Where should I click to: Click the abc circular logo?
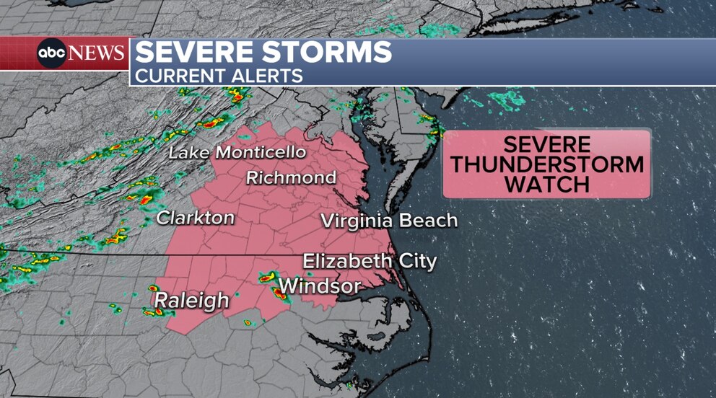pyautogui.click(x=52, y=53)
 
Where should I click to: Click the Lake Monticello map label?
pyautogui.click(x=237, y=153)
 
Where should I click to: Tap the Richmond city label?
pyautogui.click(x=291, y=177)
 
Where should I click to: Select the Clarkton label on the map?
pyautogui.click(x=196, y=217)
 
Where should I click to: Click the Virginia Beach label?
pyautogui.click(x=389, y=221)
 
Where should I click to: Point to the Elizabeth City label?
pyautogui.click(x=370, y=260)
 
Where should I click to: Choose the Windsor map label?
pyautogui.click(x=320, y=286)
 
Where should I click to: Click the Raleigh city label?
pyautogui.click(x=191, y=300)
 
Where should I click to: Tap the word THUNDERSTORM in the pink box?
pyautogui.click(x=547, y=164)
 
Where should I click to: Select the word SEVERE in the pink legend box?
pyautogui.click(x=547, y=143)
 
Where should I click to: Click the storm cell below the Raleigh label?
pyautogui.click(x=153, y=312)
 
